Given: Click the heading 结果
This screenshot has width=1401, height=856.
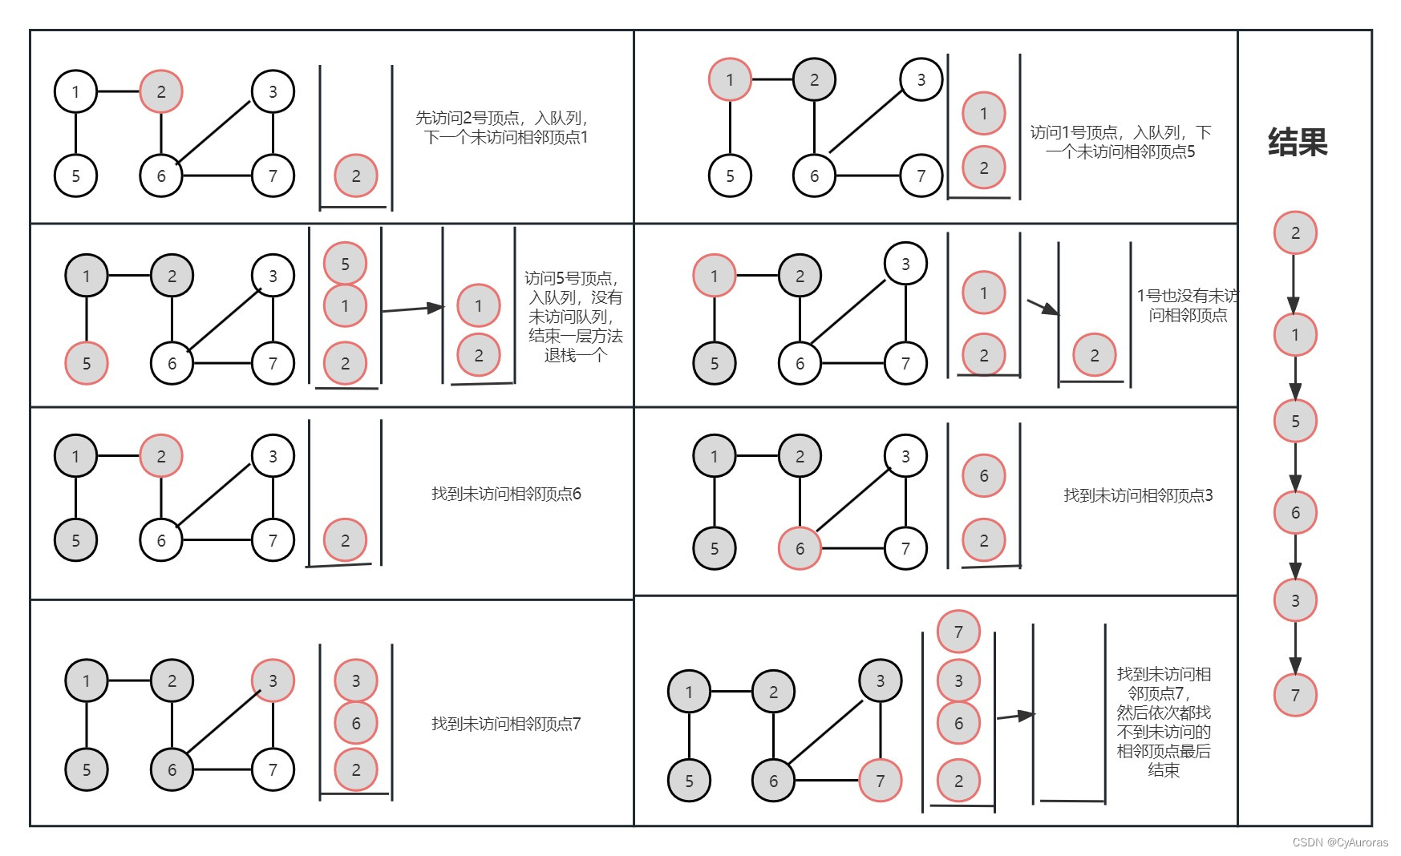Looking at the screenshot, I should tap(1297, 143).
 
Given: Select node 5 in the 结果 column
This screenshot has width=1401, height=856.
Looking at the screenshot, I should tap(1295, 421).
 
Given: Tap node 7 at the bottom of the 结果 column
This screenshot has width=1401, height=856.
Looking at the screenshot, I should tap(1295, 695).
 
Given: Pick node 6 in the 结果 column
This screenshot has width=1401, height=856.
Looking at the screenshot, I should tap(1295, 513).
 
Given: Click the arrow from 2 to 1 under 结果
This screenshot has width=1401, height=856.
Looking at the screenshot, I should tap(1294, 284).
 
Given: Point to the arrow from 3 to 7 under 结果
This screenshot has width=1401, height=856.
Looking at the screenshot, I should tap(1295, 648).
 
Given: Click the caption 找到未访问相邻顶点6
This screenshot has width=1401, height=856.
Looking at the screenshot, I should tap(506, 494).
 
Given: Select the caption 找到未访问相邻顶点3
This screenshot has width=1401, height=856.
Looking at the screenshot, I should tap(1138, 495).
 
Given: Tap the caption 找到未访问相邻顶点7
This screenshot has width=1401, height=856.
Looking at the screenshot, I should tap(506, 724).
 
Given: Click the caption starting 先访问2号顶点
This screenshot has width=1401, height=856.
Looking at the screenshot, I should tap(503, 127).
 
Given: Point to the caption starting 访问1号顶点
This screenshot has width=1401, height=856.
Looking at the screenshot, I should tap(1120, 142).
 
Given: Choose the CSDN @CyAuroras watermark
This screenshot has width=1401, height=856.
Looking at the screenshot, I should tap(1340, 842).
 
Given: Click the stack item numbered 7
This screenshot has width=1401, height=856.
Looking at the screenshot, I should tap(958, 632).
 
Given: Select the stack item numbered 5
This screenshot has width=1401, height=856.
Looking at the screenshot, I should tap(345, 264).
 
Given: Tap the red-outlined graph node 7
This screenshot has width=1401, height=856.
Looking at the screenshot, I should tap(880, 781).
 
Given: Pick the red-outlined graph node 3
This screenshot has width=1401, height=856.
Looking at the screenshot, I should tap(273, 680).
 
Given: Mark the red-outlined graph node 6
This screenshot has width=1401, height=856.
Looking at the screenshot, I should tap(800, 548).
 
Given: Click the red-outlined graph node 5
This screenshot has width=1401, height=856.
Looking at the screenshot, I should tap(87, 363).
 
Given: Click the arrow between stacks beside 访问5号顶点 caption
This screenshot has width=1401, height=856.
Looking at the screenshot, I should tap(412, 309).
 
